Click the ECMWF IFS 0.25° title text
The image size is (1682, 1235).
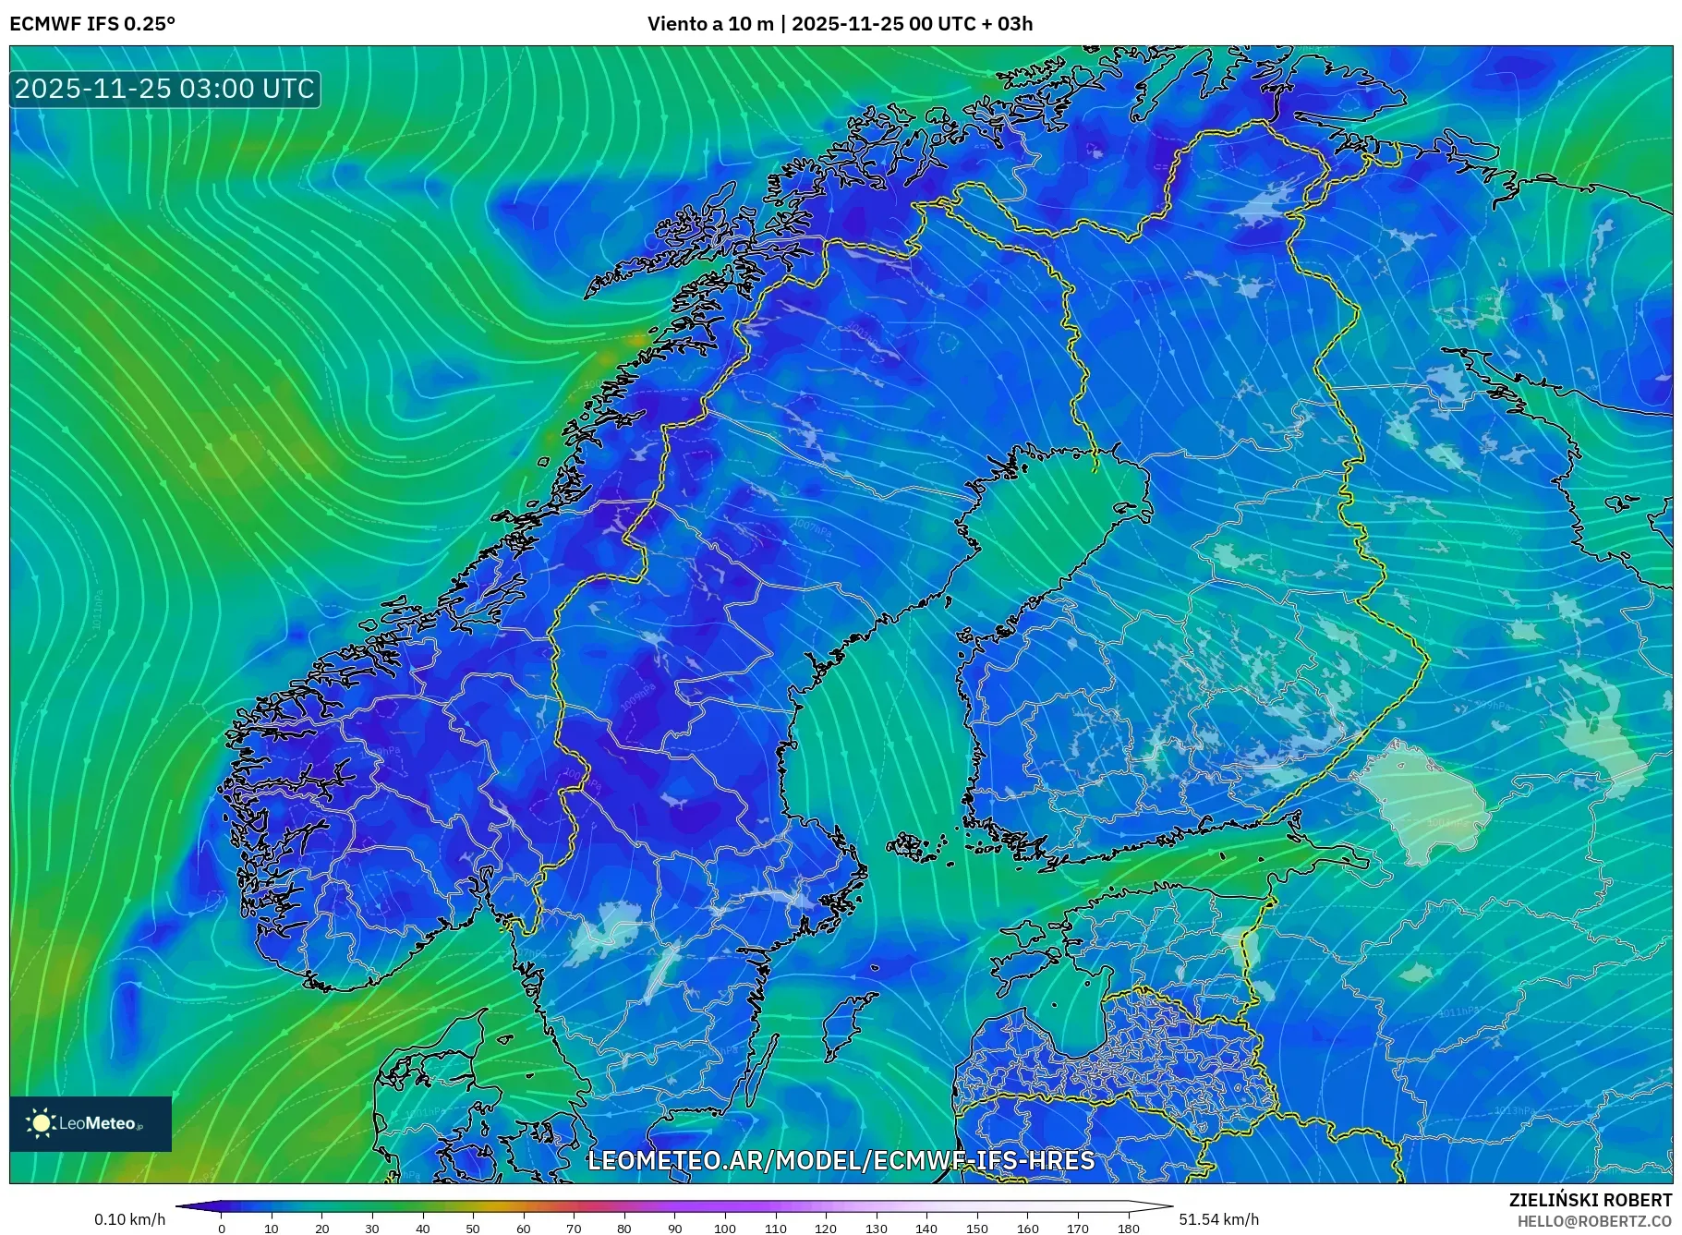[x=92, y=24]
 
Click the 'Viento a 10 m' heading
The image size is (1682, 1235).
[x=709, y=24]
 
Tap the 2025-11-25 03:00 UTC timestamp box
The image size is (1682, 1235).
[x=165, y=89]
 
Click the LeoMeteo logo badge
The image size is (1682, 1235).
[x=91, y=1123]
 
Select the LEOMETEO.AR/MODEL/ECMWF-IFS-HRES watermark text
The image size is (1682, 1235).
[x=841, y=1160]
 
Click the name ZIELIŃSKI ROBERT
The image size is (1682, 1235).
[x=1590, y=1200]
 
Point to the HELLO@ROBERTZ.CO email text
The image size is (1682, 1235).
[x=1593, y=1221]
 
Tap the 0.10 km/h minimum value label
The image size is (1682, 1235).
[x=129, y=1219]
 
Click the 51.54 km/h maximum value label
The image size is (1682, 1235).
[x=1218, y=1219]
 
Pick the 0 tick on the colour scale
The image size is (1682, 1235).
[x=222, y=1229]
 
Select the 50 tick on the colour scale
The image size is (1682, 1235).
[x=473, y=1229]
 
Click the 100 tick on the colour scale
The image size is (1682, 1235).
[x=725, y=1229]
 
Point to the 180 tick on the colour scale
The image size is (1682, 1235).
[x=1128, y=1229]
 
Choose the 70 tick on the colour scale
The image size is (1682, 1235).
[x=574, y=1229]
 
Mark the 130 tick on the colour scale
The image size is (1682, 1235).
[x=876, y=1229]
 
